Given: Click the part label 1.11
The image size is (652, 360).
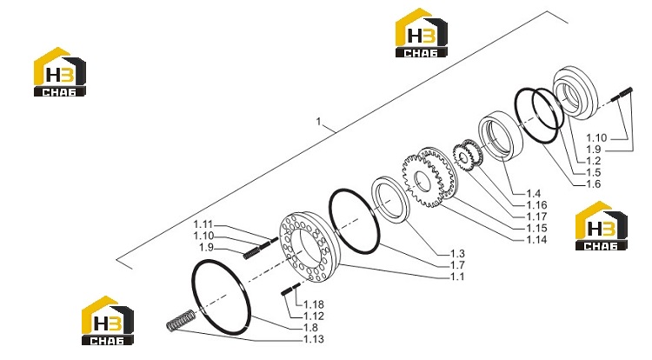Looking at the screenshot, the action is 203,224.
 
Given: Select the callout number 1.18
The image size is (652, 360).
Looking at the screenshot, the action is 314,304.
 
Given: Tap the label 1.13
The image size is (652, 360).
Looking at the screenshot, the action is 314,339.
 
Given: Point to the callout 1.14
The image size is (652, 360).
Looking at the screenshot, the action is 536,239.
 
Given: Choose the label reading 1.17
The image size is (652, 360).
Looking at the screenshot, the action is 536,217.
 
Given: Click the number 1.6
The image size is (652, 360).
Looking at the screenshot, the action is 594,183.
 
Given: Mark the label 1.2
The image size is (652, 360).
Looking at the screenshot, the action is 594,161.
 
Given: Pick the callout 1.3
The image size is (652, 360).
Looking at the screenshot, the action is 457,254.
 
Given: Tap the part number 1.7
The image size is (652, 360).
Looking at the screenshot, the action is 457,265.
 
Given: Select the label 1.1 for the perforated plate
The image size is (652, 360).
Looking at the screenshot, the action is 457,277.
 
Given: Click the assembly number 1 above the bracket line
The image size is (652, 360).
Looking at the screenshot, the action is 318,122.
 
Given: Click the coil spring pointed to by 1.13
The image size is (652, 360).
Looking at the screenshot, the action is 180,322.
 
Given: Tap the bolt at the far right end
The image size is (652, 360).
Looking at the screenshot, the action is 622,94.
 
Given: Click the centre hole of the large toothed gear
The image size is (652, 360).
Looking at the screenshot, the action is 422,183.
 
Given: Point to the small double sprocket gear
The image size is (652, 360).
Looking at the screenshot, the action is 468,157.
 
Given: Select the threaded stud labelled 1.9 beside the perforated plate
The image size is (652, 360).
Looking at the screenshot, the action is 251,253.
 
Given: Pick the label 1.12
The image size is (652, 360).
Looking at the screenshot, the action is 314,316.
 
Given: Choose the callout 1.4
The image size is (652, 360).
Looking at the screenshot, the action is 534,193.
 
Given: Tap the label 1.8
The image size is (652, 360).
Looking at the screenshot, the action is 310,328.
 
